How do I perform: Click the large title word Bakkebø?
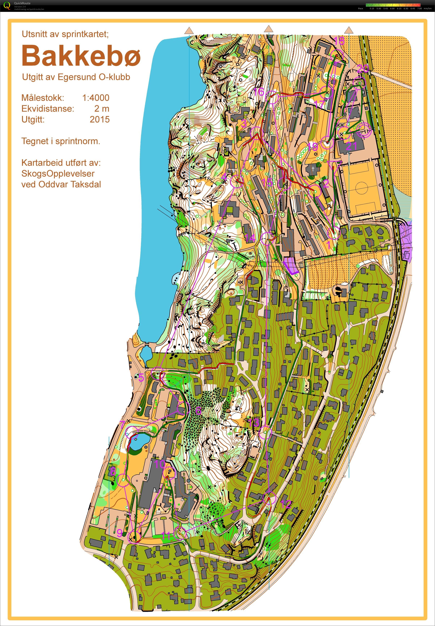pos(81,56)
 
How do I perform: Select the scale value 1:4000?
pos(96,98)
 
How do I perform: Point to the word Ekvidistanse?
pos(48,109)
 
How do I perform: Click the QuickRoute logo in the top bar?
pos(7,5)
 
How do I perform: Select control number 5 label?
pos(141,378)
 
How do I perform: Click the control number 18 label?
pos(339,41)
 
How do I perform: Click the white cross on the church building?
pos(313,169)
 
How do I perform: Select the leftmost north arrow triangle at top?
pos(189,30)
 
